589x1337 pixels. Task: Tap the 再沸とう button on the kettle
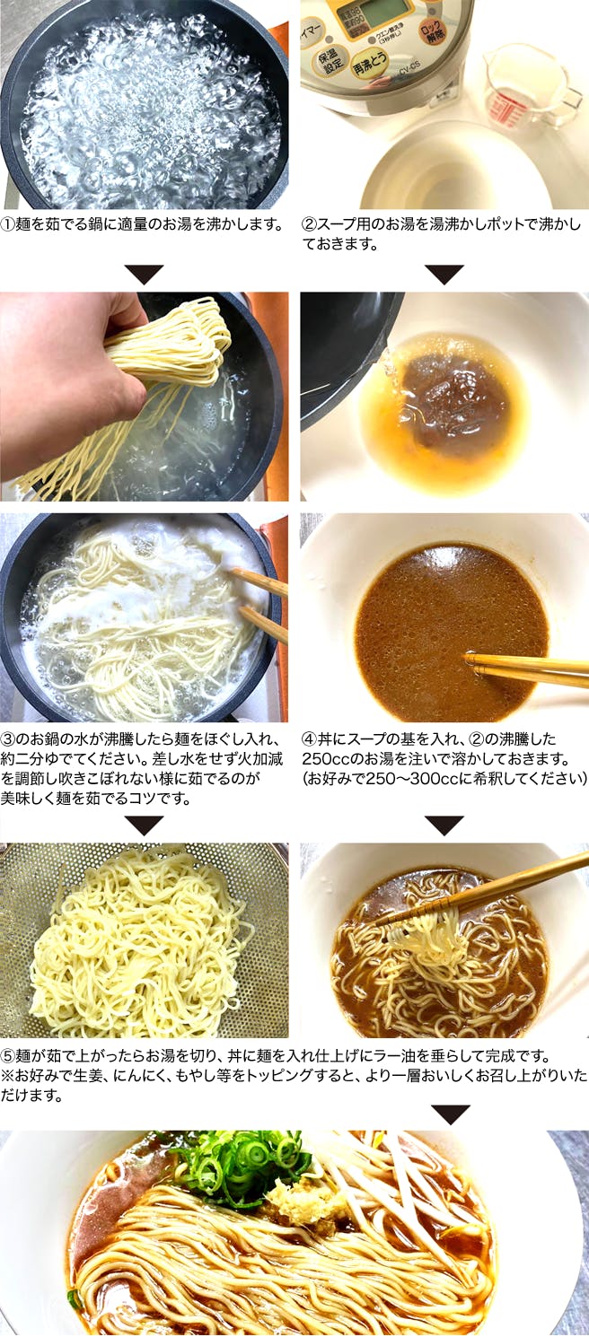pos(368,64)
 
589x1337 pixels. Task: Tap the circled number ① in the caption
pos(7,225)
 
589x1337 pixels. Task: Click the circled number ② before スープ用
pos(309,225)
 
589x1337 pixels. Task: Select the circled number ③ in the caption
pos(7,739)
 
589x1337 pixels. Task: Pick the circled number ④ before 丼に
pos(309,739)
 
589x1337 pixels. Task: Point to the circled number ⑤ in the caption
pos(7,1056)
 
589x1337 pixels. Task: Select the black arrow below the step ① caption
pos(144,274)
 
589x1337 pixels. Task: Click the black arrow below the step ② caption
pos(444,274)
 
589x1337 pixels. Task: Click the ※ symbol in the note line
pos(7,1076)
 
